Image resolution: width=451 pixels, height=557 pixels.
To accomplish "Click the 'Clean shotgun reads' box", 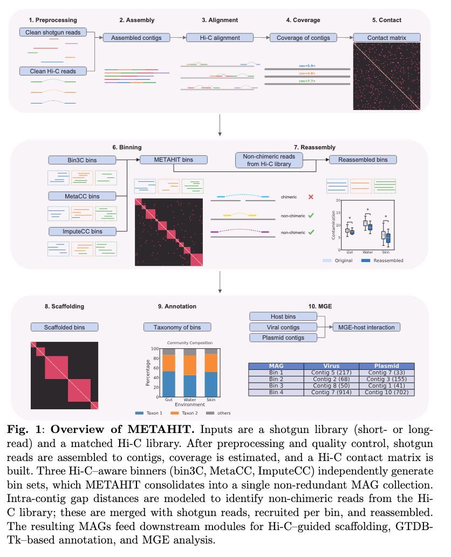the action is coord(53,33).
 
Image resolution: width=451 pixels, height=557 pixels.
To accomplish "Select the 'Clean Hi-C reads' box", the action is coord(53,71).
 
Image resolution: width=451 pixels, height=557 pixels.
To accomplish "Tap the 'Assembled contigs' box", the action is coord(136,38).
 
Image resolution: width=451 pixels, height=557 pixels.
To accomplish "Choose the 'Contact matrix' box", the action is coord(386,38).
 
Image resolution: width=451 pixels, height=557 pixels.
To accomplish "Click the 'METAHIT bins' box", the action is coord(173,160).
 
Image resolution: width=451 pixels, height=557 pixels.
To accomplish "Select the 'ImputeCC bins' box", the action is coord(83,231).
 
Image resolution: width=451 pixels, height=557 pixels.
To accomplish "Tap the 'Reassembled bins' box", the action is coord(362,160).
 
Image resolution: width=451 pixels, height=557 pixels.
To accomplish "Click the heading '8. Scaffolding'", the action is coord(64,306).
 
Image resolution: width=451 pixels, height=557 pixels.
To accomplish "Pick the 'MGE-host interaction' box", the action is coord(366,327).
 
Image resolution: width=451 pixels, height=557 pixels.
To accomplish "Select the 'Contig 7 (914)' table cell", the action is coord(331,392).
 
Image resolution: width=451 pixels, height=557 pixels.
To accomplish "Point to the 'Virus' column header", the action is coord(331,366).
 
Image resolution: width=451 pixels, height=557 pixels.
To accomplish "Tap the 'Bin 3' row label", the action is coord(276,386).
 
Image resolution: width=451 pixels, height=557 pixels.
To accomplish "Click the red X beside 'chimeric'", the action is coord(311,197).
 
